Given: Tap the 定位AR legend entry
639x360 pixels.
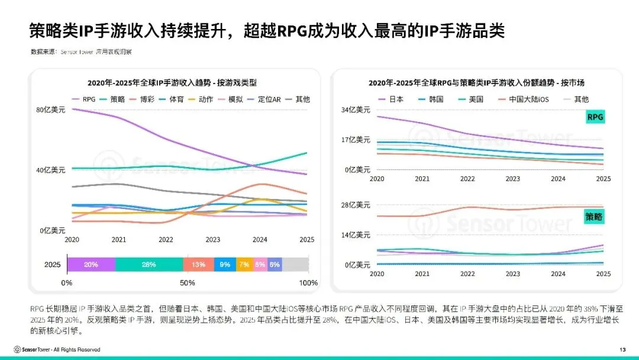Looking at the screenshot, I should (x=269, y=99).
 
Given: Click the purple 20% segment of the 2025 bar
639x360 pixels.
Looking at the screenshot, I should (x=91, y=265).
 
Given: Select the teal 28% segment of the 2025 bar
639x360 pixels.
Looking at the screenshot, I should (x=149, y=265).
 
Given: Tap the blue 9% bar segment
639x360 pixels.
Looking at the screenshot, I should (x=225, y=265).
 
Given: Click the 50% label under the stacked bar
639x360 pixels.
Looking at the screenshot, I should (x=188, y=283).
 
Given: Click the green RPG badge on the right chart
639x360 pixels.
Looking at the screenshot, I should (x=595, y=117).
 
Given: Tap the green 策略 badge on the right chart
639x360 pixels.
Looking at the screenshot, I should (x=594, y=217).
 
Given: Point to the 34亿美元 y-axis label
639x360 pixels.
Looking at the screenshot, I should (x=356, y=110).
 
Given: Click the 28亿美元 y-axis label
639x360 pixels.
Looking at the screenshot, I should (x=356, y=205).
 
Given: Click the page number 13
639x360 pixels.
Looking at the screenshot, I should (x=622, y=349).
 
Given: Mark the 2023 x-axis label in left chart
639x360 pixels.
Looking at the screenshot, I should (x=212, y=239).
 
